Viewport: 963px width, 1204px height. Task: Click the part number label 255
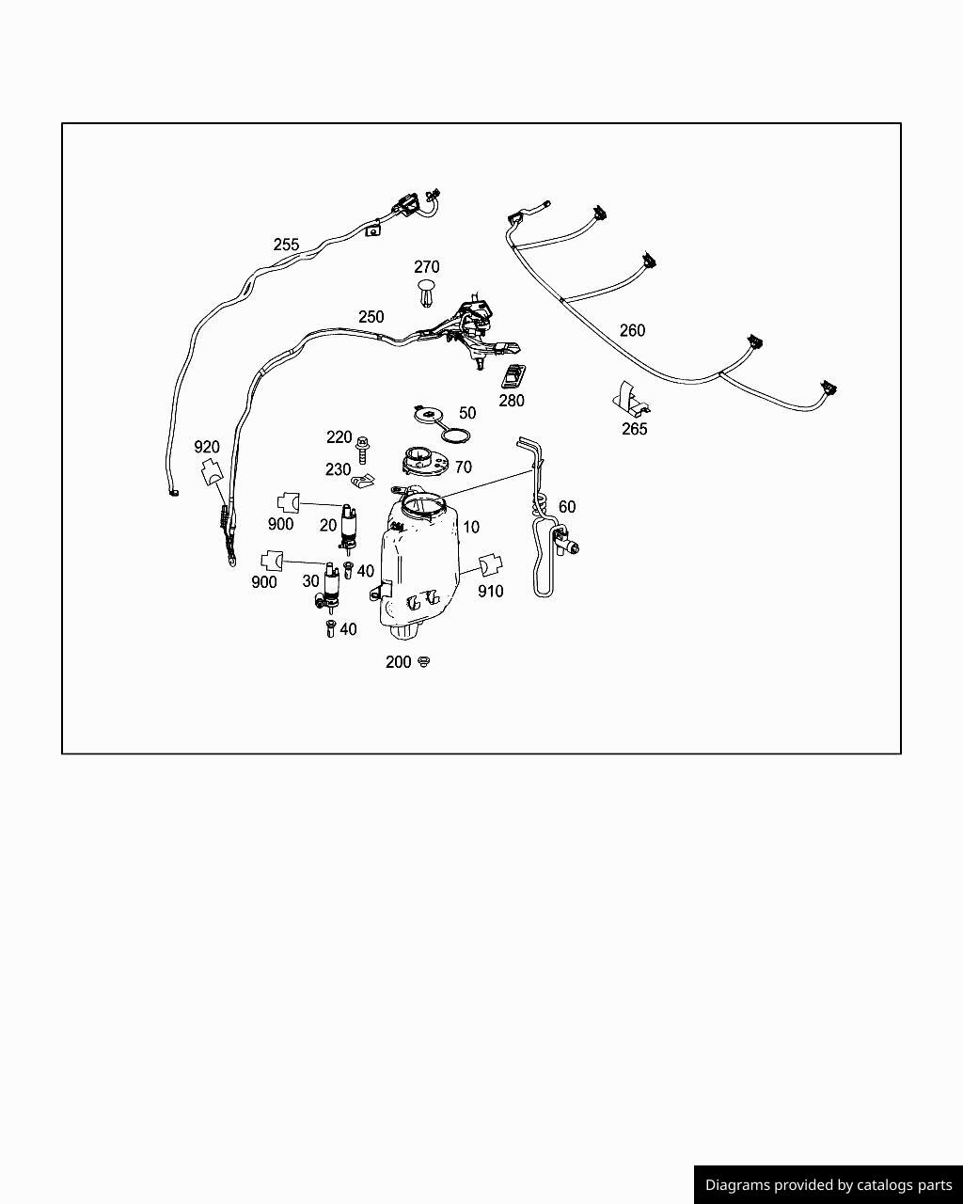pyautogui.click(x=286, y=245)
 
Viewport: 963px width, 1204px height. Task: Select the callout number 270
pyautogui.click(x=426, y=267)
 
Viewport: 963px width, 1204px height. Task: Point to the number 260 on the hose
pyautogui.click(x=632, y=331)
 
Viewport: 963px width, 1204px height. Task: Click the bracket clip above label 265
pyautogui.click(x=631, y=399)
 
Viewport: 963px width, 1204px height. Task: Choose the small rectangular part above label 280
pyautogui.click(x=513, y=376)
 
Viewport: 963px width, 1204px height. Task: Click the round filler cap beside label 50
pyautogui.click(x=428, y=415)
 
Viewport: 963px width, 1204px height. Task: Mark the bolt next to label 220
pyautogui.click(x=362, y=450)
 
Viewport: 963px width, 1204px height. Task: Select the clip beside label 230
pyautogui.click(x=363, y=482)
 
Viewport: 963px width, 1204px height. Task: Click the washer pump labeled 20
pyautogui.click(x=349, y=526)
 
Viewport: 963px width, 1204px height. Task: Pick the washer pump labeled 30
pyautogui.click(x=329, y=588)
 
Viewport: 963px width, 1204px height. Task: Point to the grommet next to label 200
pyautogui.click(x=424, y=662)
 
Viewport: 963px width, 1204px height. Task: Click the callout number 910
pyautogui.click(x=491, y=592)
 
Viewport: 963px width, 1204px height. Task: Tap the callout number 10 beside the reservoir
pyautogui.click(x=471, y=527)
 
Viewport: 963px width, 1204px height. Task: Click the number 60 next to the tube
pyautogui.click(x=567, y=507)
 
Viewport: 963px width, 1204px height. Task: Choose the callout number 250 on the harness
pyautogui.click(x=371, y=317)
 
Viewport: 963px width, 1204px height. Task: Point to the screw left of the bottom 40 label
pyautogui.click(x=329, y=629)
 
